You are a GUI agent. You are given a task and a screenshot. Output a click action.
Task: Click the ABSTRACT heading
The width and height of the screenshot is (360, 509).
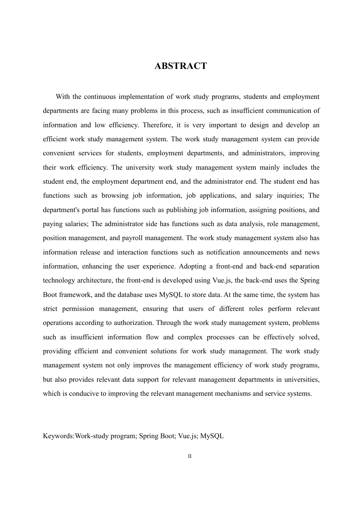[x=181, y=66]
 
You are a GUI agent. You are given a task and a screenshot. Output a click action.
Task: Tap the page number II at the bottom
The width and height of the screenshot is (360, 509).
[x=189, y=456]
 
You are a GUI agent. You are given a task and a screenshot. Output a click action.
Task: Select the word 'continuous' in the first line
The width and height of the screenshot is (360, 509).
[x=100, y=97]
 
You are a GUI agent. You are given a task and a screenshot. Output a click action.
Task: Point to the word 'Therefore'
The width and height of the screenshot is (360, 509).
[x=156, y=125]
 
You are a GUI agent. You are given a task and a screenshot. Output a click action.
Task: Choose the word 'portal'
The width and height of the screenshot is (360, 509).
[x=90, y=210]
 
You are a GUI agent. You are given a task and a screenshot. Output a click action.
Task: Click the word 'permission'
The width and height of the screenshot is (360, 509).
[x=78, y=309]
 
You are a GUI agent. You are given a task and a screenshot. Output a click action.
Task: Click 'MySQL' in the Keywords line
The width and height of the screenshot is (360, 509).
[x=212, y=436]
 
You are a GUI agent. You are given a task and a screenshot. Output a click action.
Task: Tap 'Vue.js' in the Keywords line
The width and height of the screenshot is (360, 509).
[x=187, y=436]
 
